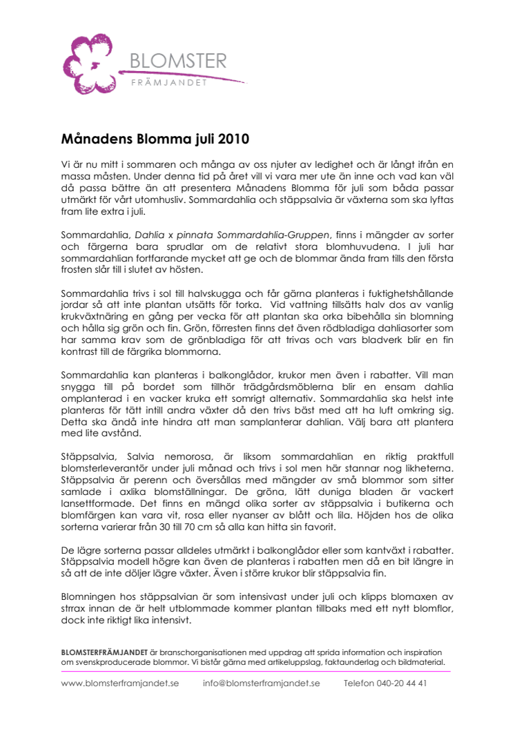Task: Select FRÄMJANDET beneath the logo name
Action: point(169,84)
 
